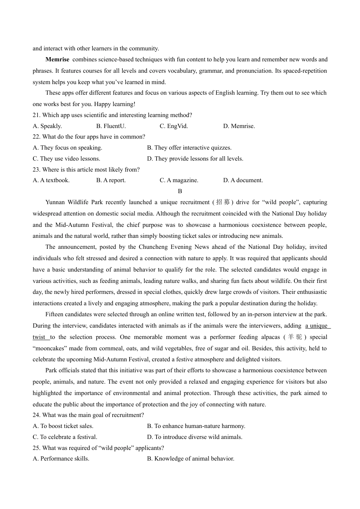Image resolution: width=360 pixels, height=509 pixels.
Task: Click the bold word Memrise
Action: pos(57,59)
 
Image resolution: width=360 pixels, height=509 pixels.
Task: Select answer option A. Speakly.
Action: pos(47,126)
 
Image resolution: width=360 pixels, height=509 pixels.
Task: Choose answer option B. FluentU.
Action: pos(111,126)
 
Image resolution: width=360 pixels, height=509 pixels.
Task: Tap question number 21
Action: pos(36,115)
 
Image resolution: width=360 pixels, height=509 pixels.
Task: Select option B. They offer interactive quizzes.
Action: pos(189,148)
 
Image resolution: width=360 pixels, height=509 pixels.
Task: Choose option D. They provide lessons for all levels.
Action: pos(195,159)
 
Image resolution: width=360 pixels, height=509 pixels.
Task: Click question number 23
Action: pos(36,170)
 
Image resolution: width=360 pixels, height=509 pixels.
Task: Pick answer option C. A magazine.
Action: pos(179,180)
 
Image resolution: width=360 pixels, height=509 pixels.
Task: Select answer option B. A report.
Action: pos(111,180)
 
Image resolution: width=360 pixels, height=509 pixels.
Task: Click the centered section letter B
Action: pos(180,191)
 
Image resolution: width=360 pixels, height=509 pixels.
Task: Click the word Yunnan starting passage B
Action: pos(55,202)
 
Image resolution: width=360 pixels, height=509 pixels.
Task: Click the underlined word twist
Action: pos(39,337)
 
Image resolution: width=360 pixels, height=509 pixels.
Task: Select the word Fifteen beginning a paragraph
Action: pos(55,314)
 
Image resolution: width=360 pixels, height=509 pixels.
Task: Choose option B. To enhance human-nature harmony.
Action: pos(196,426)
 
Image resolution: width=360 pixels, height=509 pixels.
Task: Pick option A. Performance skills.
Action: pos(61,459)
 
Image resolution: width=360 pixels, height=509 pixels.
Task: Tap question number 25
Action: pos(36,448)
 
